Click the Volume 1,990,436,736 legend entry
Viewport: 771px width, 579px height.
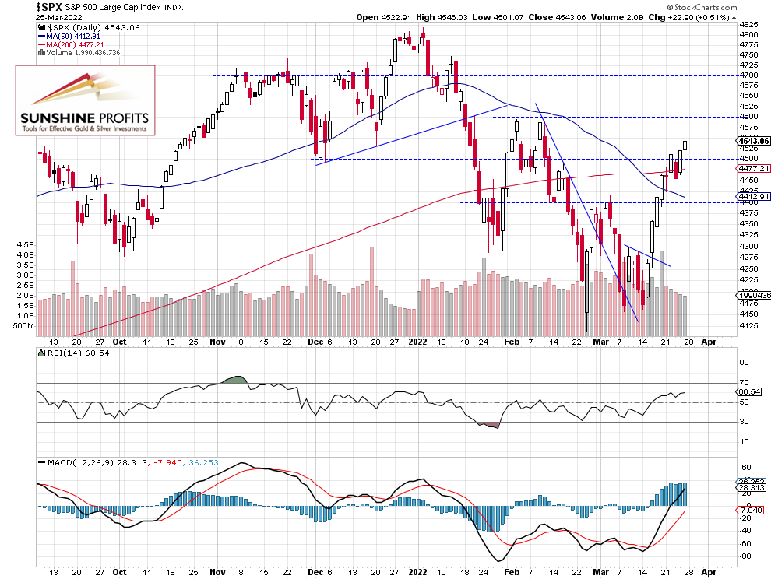(81, 53)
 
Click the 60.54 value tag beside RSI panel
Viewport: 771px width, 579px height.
(750, 393)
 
